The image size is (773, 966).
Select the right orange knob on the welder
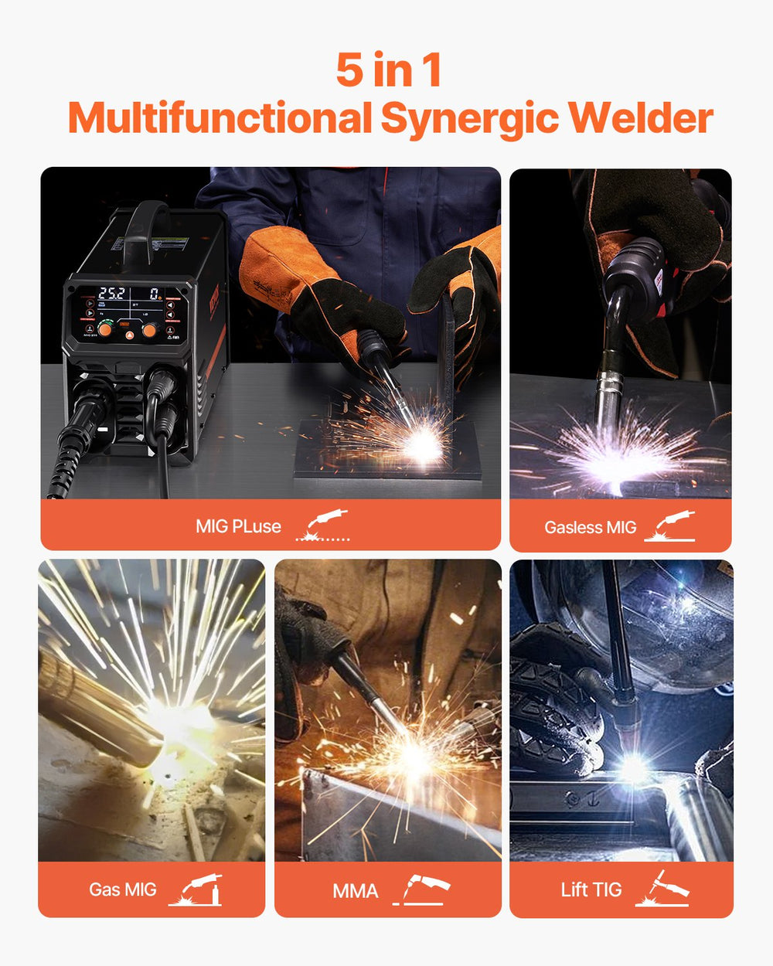point(150,330)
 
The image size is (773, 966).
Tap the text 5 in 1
point(389,70)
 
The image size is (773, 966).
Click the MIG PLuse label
point(238,526)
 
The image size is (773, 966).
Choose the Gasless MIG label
point(590,528)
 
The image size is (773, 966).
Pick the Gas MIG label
point(122,889)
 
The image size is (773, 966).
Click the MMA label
point(356,891)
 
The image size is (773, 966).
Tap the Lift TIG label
point(591,890)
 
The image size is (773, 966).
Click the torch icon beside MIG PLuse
point(325,524)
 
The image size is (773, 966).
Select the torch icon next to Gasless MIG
point(671,526)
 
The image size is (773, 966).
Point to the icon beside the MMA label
point(422,889)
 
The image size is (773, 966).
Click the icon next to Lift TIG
point(662,889)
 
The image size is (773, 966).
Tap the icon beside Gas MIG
point(196,889)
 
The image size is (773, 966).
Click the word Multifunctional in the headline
point(220,118)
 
